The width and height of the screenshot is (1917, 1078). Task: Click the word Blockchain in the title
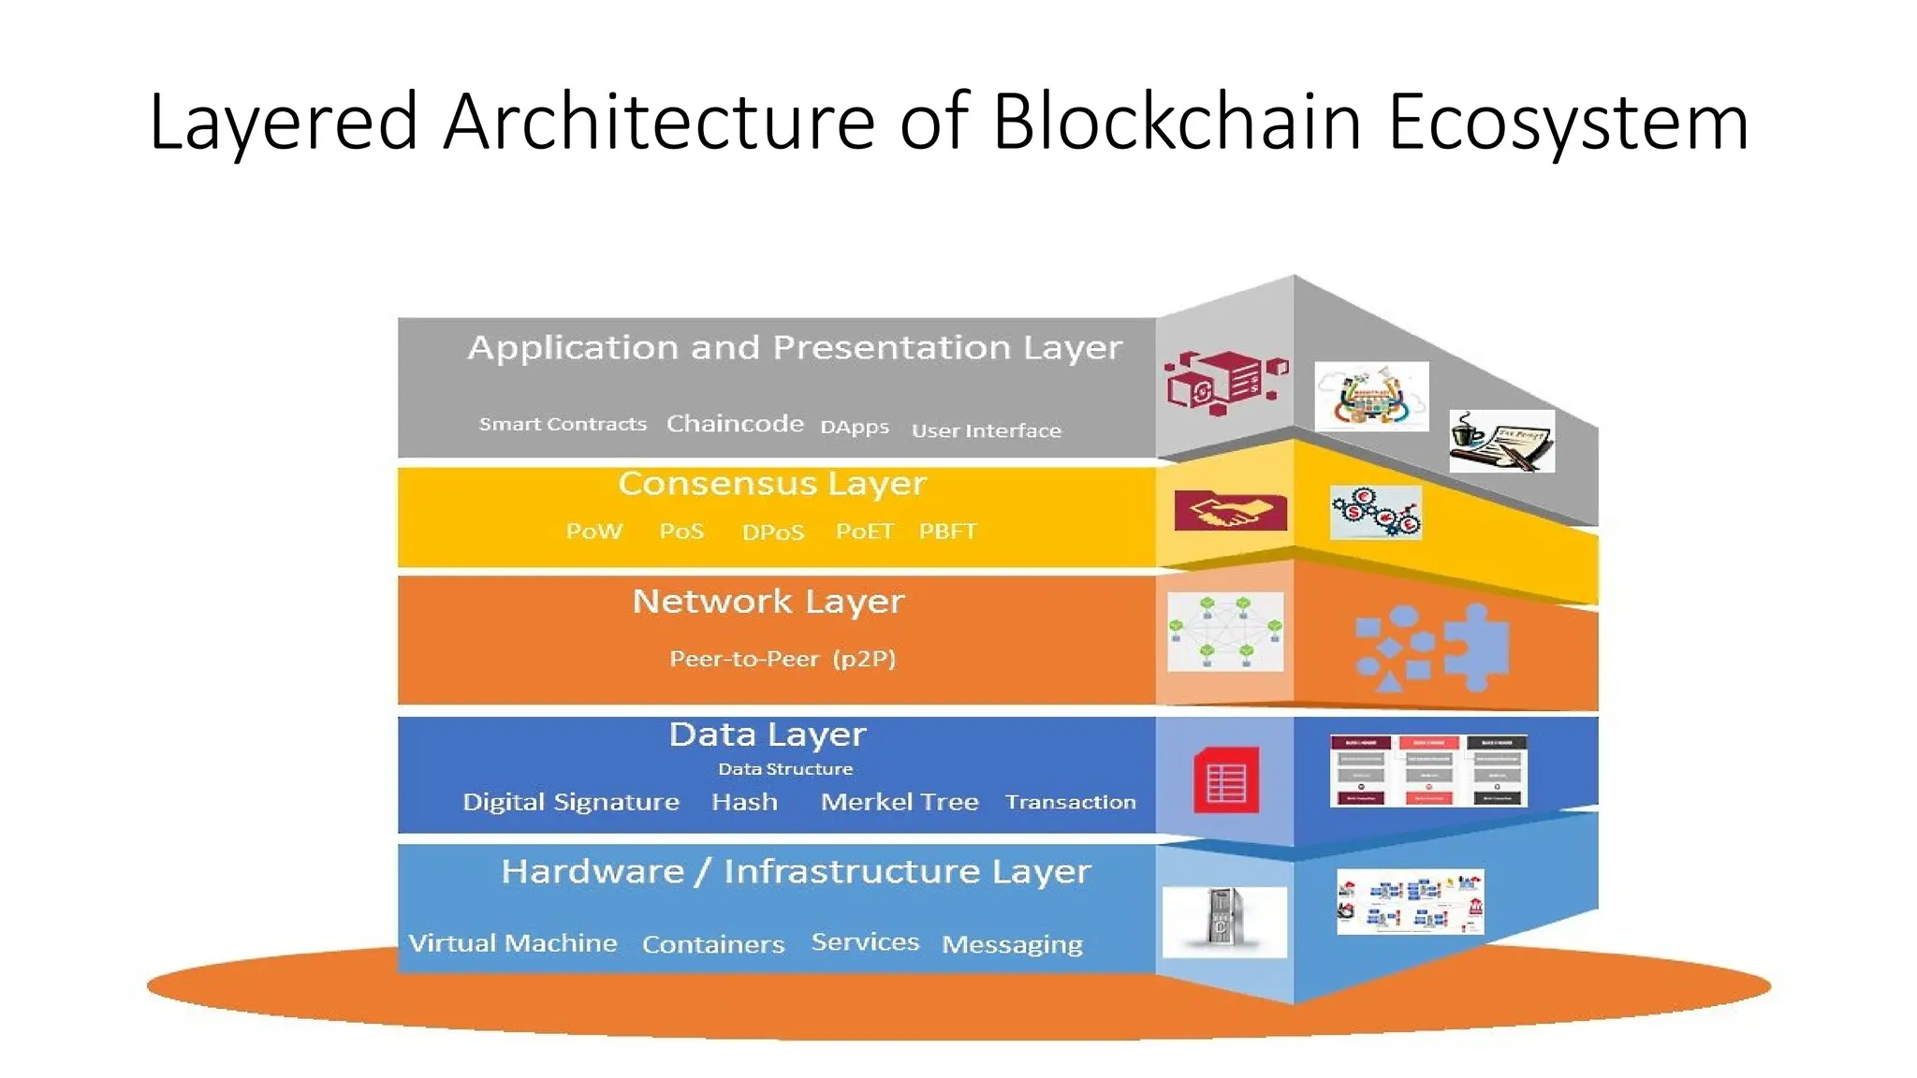[1177, 122]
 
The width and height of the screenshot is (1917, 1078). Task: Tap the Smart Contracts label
[563, 424]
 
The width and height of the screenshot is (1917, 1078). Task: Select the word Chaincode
[735, 424]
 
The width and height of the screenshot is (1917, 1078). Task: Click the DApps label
[854, 427]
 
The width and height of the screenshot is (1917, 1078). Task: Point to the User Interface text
[986, 430]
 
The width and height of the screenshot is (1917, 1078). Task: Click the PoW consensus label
[593, 532]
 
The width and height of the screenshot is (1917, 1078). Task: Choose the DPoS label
[772, 532]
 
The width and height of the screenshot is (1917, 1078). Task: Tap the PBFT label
[947, 532]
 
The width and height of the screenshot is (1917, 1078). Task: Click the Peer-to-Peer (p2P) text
[783, 659]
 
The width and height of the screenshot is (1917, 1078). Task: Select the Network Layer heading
[768, 602]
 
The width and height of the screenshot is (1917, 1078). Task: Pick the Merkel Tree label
[899, 802]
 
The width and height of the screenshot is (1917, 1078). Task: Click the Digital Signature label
[570, 802]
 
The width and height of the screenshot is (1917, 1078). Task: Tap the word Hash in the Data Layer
[744, 802]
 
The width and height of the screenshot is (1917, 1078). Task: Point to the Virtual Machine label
[513, 942]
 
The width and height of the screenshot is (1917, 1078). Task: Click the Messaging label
[1012, 944]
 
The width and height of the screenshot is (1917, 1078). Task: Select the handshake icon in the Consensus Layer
[1230, 511]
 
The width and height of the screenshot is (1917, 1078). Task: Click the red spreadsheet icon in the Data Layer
[1225, 780]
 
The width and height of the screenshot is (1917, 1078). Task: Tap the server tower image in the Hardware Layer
[1223, 921]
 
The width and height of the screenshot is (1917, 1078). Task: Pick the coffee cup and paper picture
[1501, 441]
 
